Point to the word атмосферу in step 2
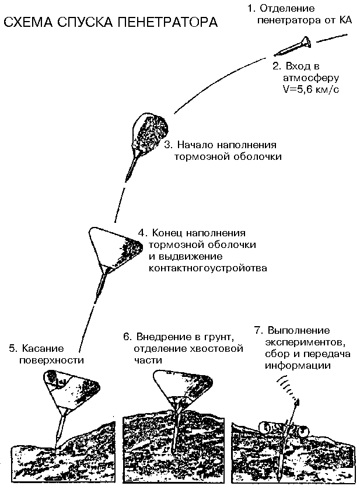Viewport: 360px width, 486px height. pos(307,78)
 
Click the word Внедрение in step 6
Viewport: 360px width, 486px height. pos(165,337)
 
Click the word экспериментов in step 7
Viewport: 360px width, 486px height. pos(298,342)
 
